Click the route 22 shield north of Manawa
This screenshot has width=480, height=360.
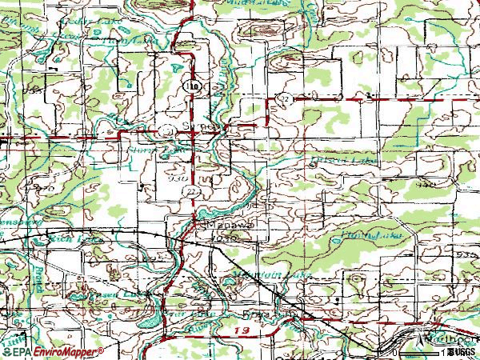click(192, 193)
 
